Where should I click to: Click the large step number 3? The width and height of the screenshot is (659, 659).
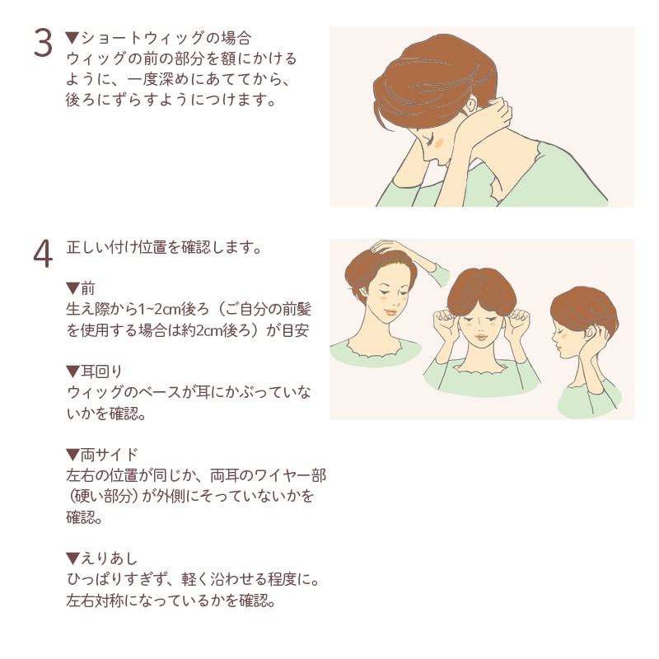click(x=43, y=43)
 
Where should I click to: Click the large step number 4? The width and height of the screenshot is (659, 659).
click(x=43, y=254)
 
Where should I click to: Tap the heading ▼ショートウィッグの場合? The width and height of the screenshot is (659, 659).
click(x=158, y=38)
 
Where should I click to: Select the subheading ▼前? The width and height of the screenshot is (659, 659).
click(x=80, y=288)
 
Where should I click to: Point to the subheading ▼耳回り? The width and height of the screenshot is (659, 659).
click(x=94, y=372)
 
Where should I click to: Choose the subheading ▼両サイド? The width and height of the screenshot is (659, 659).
click(x=101, y=455)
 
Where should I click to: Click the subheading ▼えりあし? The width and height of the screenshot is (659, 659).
click(x=101, y=559)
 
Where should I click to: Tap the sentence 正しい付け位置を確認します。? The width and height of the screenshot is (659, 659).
click(x=164, y=247)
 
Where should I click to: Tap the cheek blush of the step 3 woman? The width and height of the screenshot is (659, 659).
click(x=439, y=143)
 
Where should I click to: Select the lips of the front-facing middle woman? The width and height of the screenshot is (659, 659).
click(x=481, y=337)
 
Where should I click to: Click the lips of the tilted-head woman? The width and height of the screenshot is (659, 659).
click(x=390, y=312)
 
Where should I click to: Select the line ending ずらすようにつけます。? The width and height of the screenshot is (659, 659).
click(x=171, y=100)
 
